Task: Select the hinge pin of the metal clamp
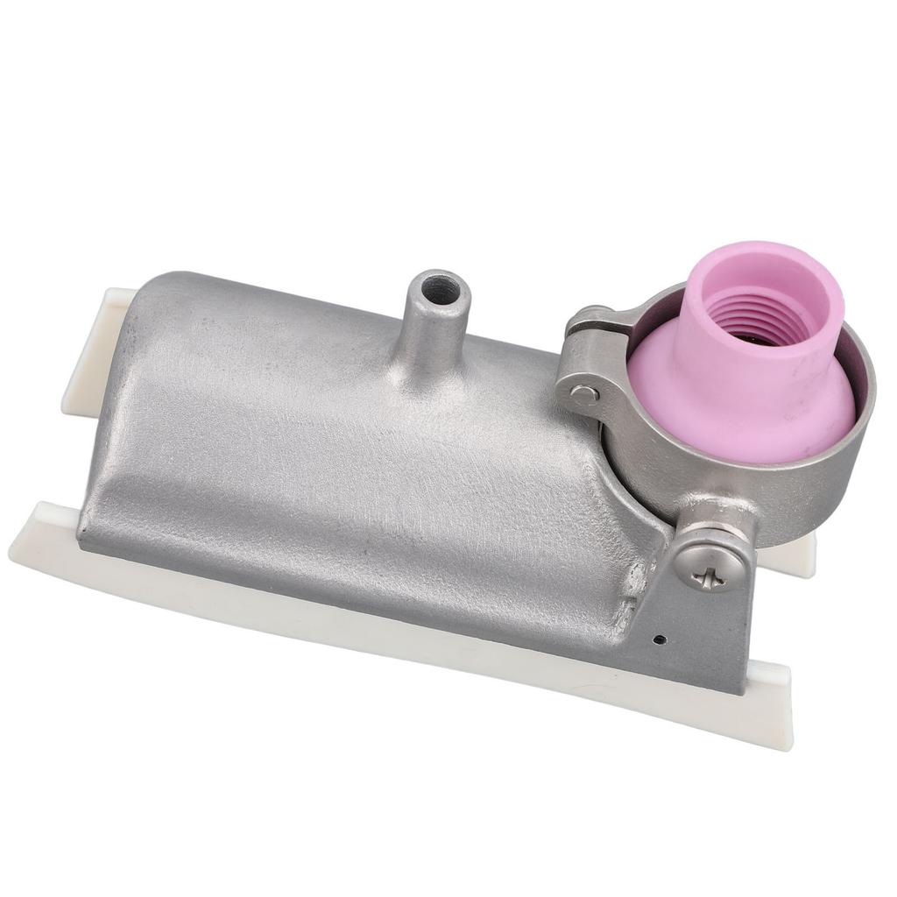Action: coord(584,393)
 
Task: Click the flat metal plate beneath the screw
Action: coord(710,639)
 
